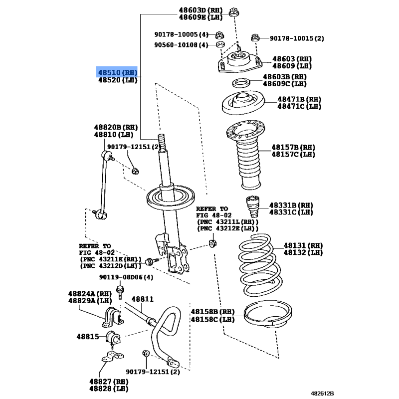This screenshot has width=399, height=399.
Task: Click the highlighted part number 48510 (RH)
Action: (118, 72)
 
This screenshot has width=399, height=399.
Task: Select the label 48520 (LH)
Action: (118, 80)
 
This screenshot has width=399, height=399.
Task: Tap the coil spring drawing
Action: (260, 265)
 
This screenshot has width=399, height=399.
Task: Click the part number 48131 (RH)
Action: (303, 245)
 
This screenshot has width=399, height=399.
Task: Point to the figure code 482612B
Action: (322, 394)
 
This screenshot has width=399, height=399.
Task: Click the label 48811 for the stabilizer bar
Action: (143, 299)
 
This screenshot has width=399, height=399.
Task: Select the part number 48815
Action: (88, 337)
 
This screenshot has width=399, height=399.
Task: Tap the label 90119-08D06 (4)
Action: (126, 277)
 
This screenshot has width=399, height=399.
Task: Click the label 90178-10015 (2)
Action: (297, 38)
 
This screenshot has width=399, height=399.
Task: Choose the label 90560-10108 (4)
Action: (181, 45)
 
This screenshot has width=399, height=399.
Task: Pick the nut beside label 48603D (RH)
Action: (233, 12)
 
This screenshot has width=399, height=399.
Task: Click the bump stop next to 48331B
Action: (253, 206)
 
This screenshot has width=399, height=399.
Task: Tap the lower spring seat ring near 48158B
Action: (268, 315)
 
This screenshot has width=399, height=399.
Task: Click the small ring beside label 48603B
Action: (241, 83)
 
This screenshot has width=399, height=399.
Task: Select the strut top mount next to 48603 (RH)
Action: (240, 62)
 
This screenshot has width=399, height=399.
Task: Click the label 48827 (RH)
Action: (109, 382)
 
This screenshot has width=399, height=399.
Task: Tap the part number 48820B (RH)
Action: (116, 127)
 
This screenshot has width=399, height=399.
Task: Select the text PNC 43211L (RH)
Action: (228, 222)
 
